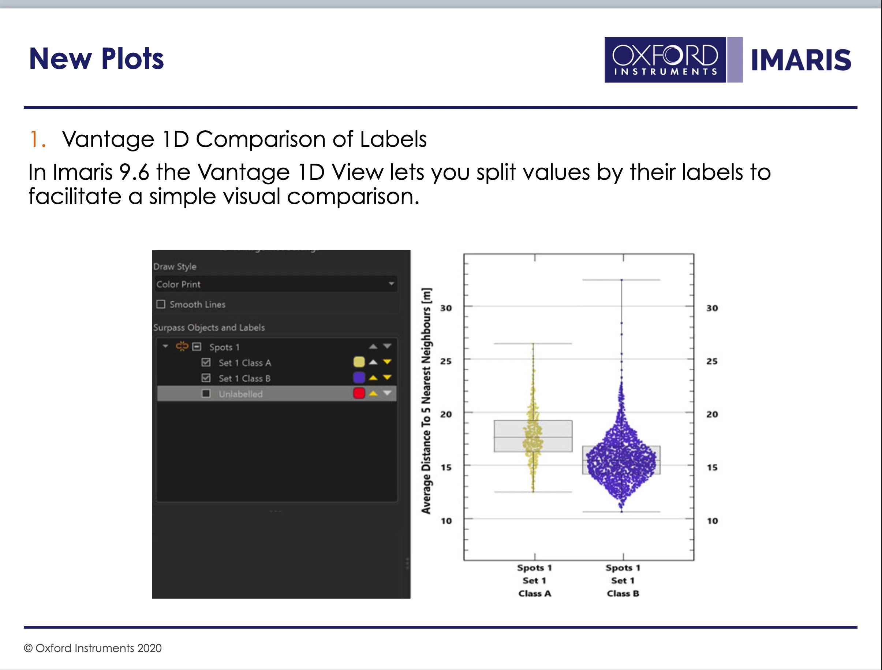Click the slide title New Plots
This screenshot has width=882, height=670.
(97, 59)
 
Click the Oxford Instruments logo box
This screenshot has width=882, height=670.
(665, 60)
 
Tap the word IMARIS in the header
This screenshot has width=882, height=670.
(801, 60)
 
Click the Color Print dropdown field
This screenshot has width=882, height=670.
(276, 284)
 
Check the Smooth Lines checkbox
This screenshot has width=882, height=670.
(161, 304)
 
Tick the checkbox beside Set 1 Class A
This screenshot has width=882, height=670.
(206, 362)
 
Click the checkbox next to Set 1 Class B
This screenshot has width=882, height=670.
(206, 378)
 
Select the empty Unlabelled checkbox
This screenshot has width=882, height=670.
(206, 394)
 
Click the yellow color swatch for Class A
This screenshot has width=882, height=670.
(359, 362)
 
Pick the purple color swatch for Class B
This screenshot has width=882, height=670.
(359, 377)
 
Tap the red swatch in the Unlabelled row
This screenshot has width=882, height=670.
(359, 393)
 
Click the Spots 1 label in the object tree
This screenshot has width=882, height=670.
(224, 347)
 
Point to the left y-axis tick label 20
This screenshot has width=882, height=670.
(446, 414)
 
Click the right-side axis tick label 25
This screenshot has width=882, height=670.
(712, 361)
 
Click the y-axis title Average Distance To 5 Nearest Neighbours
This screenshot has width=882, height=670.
(426, 401)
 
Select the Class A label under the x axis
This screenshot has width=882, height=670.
(535, 593)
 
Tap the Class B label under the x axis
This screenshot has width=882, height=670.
(623, 593)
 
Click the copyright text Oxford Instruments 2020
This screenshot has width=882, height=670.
(93, 648)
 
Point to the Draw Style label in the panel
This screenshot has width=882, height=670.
(175, 267)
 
